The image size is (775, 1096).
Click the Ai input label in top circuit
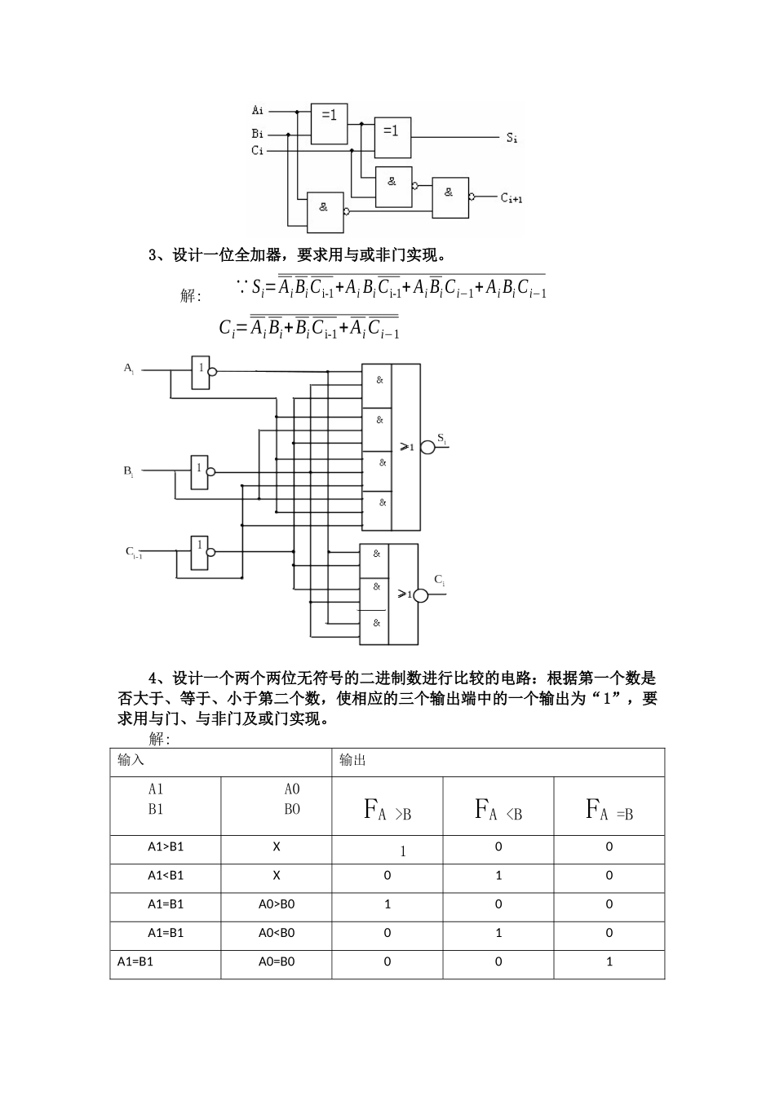(258, 109)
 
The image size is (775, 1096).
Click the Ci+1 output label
(511, 197)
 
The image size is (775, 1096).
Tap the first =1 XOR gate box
(329, 123)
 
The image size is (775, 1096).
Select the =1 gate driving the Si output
(392, 135)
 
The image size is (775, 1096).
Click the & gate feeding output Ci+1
(450, 197)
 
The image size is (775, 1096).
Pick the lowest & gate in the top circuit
(325, 211)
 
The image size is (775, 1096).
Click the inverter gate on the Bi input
(200, 472)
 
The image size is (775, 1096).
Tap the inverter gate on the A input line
(200, 372)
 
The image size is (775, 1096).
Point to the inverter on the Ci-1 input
(200, 552)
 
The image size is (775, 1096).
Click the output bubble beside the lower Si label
(427, 446)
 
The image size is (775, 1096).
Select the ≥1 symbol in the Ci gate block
(405, 594)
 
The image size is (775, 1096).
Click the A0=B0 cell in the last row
(277, 961)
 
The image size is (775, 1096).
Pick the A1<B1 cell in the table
(166, 875)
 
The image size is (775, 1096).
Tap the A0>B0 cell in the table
(277, 904)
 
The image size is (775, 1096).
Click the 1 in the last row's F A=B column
(609, 961)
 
